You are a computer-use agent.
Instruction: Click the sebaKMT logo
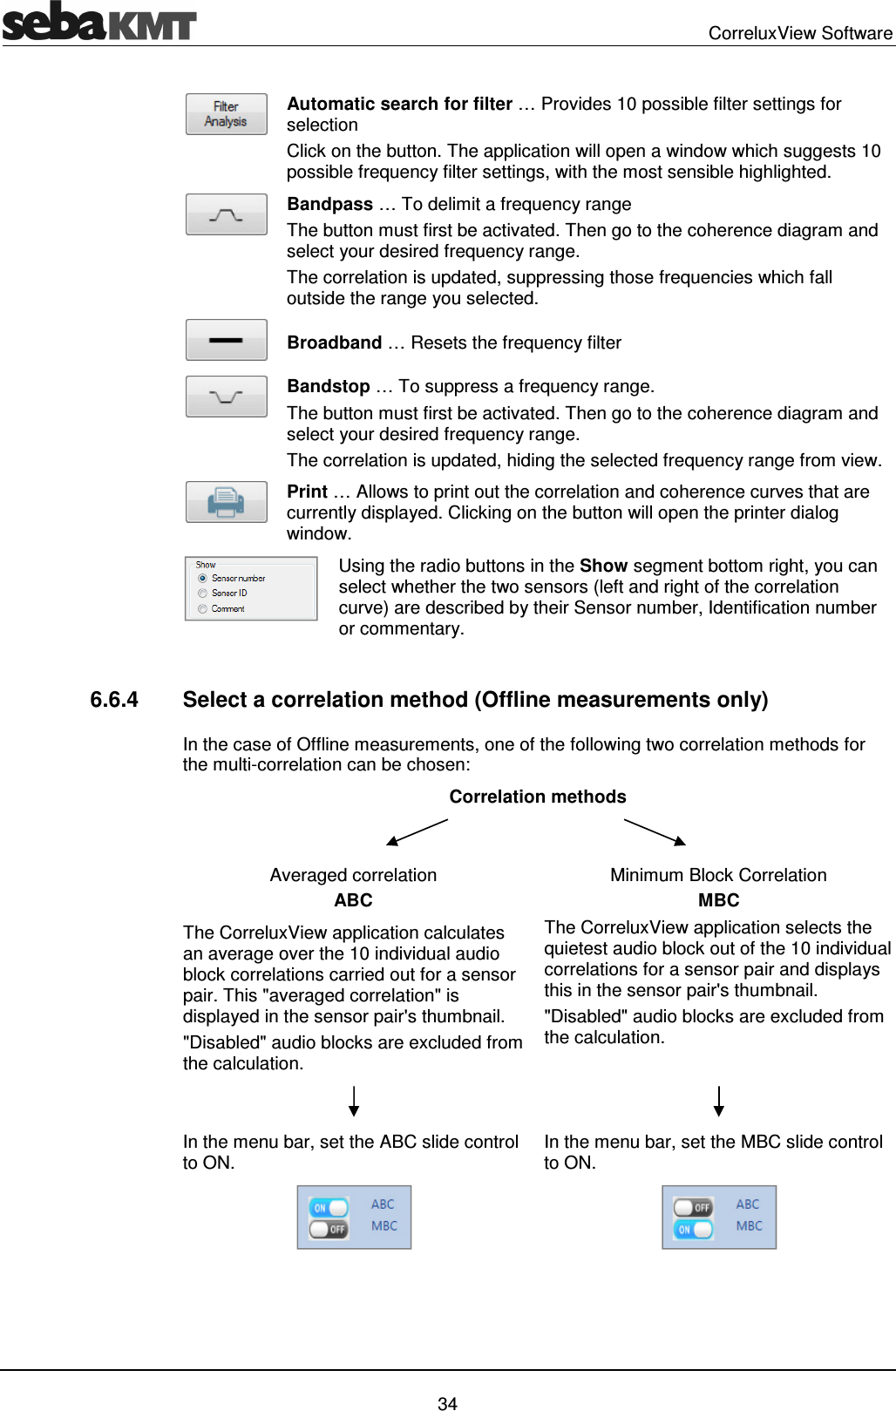[x=98, y=22]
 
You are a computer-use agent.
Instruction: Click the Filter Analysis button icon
[x=226, y=114]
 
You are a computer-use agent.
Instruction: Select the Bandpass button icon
[x=226, y=214]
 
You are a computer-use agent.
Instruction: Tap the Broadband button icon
[x=226, y=340]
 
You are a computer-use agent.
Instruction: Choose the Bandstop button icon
[x=226, y=397]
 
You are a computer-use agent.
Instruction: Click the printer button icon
[x=226, y=502]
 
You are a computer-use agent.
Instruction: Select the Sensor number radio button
[x=202, y=578]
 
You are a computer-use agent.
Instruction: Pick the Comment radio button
[x=202, y=609]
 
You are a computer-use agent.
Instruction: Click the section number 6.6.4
[x=114, y=700]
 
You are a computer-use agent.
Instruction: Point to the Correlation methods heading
[x=538, y=797]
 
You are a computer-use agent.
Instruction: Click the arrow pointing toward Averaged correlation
[x=417, y=832]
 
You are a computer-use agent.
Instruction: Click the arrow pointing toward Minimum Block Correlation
[x=655, y=832]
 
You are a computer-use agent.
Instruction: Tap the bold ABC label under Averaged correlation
[x=353, y=900]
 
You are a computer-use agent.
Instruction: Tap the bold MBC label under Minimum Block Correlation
[x=718, y=900]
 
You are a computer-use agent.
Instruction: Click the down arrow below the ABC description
[x=354, y=1102]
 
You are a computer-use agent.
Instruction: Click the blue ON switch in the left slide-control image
[x=328, y=1207]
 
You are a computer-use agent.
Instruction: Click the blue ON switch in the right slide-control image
[x=693, y=1229]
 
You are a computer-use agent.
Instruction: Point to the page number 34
[x=447, y=1403]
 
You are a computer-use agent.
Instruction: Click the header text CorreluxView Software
[x=799, y=33]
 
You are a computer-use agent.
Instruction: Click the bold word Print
[x=307, y=492]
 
